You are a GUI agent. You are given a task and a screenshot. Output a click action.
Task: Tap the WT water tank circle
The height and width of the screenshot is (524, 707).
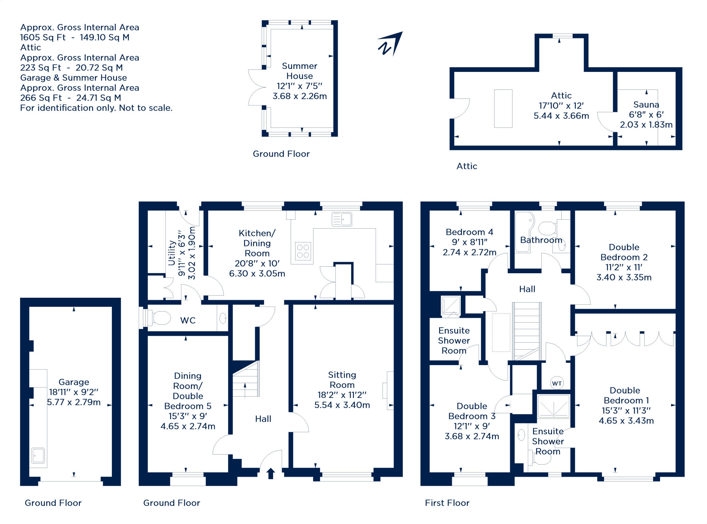click(556, 383)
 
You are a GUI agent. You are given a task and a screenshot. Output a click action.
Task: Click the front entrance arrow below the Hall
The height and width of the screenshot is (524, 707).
click(271, 473)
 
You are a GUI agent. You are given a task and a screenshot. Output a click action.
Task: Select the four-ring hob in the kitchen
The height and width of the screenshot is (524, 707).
click(303, 251)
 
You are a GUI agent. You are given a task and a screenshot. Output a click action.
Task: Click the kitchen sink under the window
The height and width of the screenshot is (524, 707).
click(342, 219)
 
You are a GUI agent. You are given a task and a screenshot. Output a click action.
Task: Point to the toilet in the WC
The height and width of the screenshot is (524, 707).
click(158, 318)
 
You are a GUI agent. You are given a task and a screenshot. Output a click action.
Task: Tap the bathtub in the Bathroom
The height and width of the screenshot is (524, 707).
click(524, 232)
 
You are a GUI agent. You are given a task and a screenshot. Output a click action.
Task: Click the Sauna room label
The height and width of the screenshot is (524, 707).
click(646, 104)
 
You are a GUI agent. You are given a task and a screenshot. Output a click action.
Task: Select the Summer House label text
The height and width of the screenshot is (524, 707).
click(300, 71)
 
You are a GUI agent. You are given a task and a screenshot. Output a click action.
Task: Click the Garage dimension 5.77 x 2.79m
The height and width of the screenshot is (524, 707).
click(74, 402)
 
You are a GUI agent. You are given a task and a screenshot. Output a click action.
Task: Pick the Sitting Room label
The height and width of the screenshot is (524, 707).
click(342, 380)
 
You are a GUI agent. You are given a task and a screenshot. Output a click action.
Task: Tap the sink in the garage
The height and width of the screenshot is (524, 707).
click(38, 456)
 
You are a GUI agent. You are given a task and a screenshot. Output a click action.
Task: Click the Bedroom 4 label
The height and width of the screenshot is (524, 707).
click(469, 232)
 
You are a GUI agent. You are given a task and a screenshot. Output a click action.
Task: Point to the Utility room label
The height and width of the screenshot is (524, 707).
click(172, 253)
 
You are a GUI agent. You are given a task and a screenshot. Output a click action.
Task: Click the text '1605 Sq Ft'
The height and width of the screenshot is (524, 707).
click(43, 37)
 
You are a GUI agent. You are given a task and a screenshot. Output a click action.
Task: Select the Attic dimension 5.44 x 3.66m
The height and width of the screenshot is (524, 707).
click(561, 116)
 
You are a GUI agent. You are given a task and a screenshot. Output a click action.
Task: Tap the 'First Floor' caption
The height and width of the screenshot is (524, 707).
click(447, 503)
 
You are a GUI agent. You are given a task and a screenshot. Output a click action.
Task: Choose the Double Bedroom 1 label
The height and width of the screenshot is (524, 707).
click(625, 395)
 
